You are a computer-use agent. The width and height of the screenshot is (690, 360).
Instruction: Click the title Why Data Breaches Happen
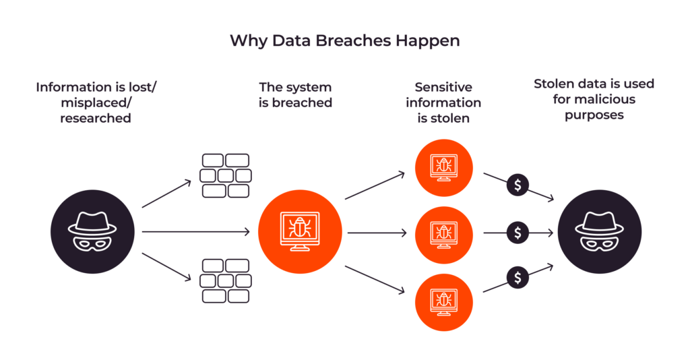tap(344, 40)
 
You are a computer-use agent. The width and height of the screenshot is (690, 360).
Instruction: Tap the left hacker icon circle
tap(84, 232)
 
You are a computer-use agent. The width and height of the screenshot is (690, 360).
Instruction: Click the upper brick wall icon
tap(226, 175)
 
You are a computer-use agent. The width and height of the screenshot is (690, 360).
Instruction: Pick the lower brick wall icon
tap(226, 280)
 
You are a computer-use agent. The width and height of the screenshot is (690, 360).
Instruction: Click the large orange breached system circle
tap(300, 232)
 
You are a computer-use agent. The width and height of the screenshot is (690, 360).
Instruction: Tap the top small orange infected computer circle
tap(443, 165)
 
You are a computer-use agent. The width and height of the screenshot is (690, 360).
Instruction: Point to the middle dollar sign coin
tap(517, 233)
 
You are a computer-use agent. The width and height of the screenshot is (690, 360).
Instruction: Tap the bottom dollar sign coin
tap(517, 277)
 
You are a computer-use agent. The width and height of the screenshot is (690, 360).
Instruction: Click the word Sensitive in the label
tap(443, 87)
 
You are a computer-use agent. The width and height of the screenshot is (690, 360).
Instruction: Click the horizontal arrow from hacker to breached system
tap(195, 232)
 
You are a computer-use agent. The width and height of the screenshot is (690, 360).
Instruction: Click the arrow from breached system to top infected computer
tap(375, 185)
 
